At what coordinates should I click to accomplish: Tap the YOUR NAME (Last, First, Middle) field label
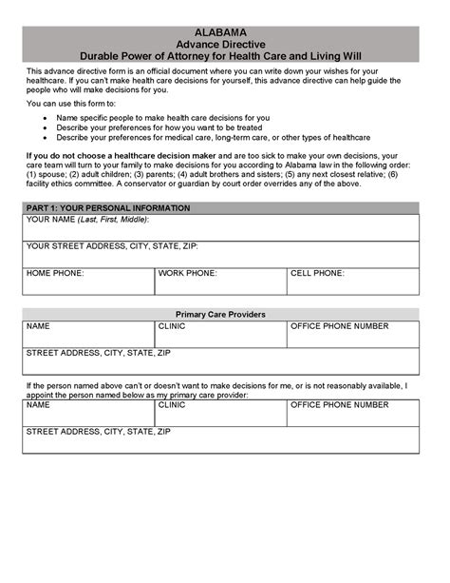(x=87, y=220)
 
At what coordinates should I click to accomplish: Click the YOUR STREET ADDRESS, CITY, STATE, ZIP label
(x=112, y=246)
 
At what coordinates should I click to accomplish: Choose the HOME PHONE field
(x=87, y=281)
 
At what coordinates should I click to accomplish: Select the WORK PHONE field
(x=220, y=281)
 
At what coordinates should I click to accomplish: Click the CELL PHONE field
(x=352, y=281)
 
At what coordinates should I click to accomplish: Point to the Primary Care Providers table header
(x=220, y=314)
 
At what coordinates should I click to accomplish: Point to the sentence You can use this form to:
(x=68, y=103)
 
